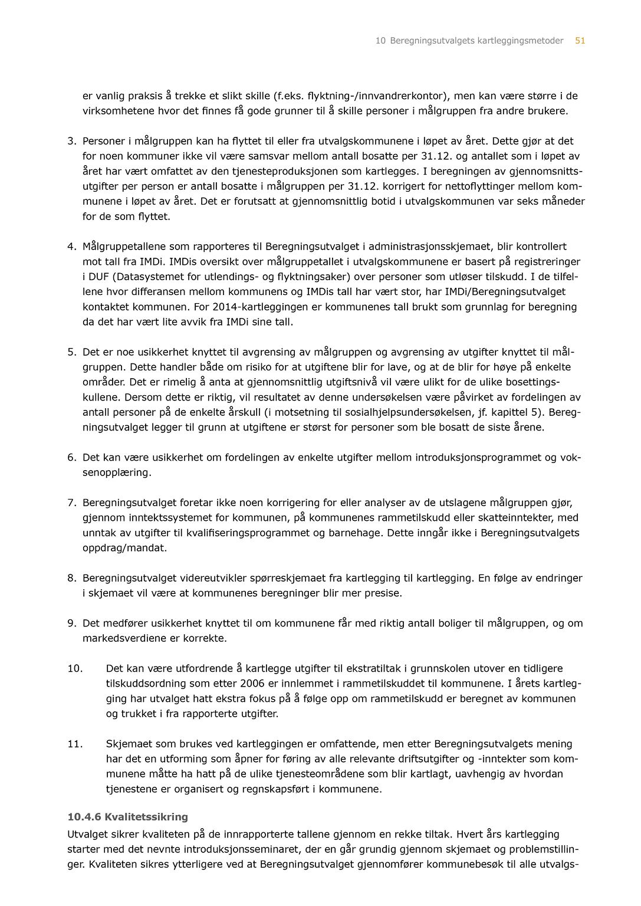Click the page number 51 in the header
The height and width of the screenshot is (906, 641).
click(580, 41)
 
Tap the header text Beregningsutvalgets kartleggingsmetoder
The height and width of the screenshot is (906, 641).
click(476, 41)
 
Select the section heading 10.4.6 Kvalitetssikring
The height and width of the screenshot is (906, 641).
click(128, 817)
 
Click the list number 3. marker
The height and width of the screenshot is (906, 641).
click(72, 141)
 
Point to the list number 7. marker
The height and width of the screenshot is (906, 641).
click(72, 503)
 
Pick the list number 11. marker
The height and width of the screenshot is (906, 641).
click(75, 744)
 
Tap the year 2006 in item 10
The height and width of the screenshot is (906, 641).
click(252, 684)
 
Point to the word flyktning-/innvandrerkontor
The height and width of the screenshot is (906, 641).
click(377, 96)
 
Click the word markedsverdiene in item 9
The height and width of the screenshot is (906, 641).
click(119, 638)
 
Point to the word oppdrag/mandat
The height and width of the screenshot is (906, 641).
click(124, 548)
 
